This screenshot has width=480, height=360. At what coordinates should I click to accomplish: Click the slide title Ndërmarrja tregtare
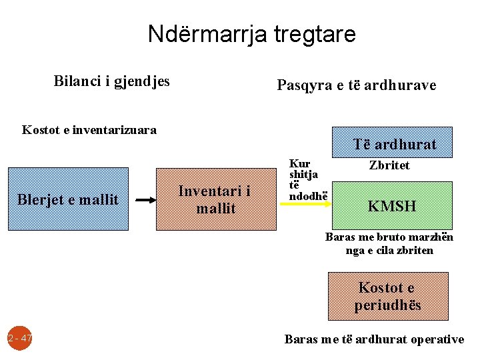[x=252, y=34]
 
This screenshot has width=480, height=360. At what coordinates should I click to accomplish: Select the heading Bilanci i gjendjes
[x=111, y=81]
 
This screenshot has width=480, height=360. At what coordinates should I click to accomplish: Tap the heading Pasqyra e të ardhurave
[x=356, y=85]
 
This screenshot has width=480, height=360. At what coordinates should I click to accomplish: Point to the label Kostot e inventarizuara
[x=89, y=130]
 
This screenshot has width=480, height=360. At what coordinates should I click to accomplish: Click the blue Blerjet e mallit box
[x=68, y=199]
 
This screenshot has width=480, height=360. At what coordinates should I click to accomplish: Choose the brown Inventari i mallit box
[x=216, y=199]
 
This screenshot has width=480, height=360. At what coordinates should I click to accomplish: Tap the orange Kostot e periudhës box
[x=387, y=296]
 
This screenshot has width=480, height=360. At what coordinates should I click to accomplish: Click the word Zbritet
[x=390, y=165]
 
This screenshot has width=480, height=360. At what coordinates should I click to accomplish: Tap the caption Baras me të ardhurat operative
[x=374, y=339]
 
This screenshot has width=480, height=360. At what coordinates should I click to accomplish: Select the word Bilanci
[x=74, y=81]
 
